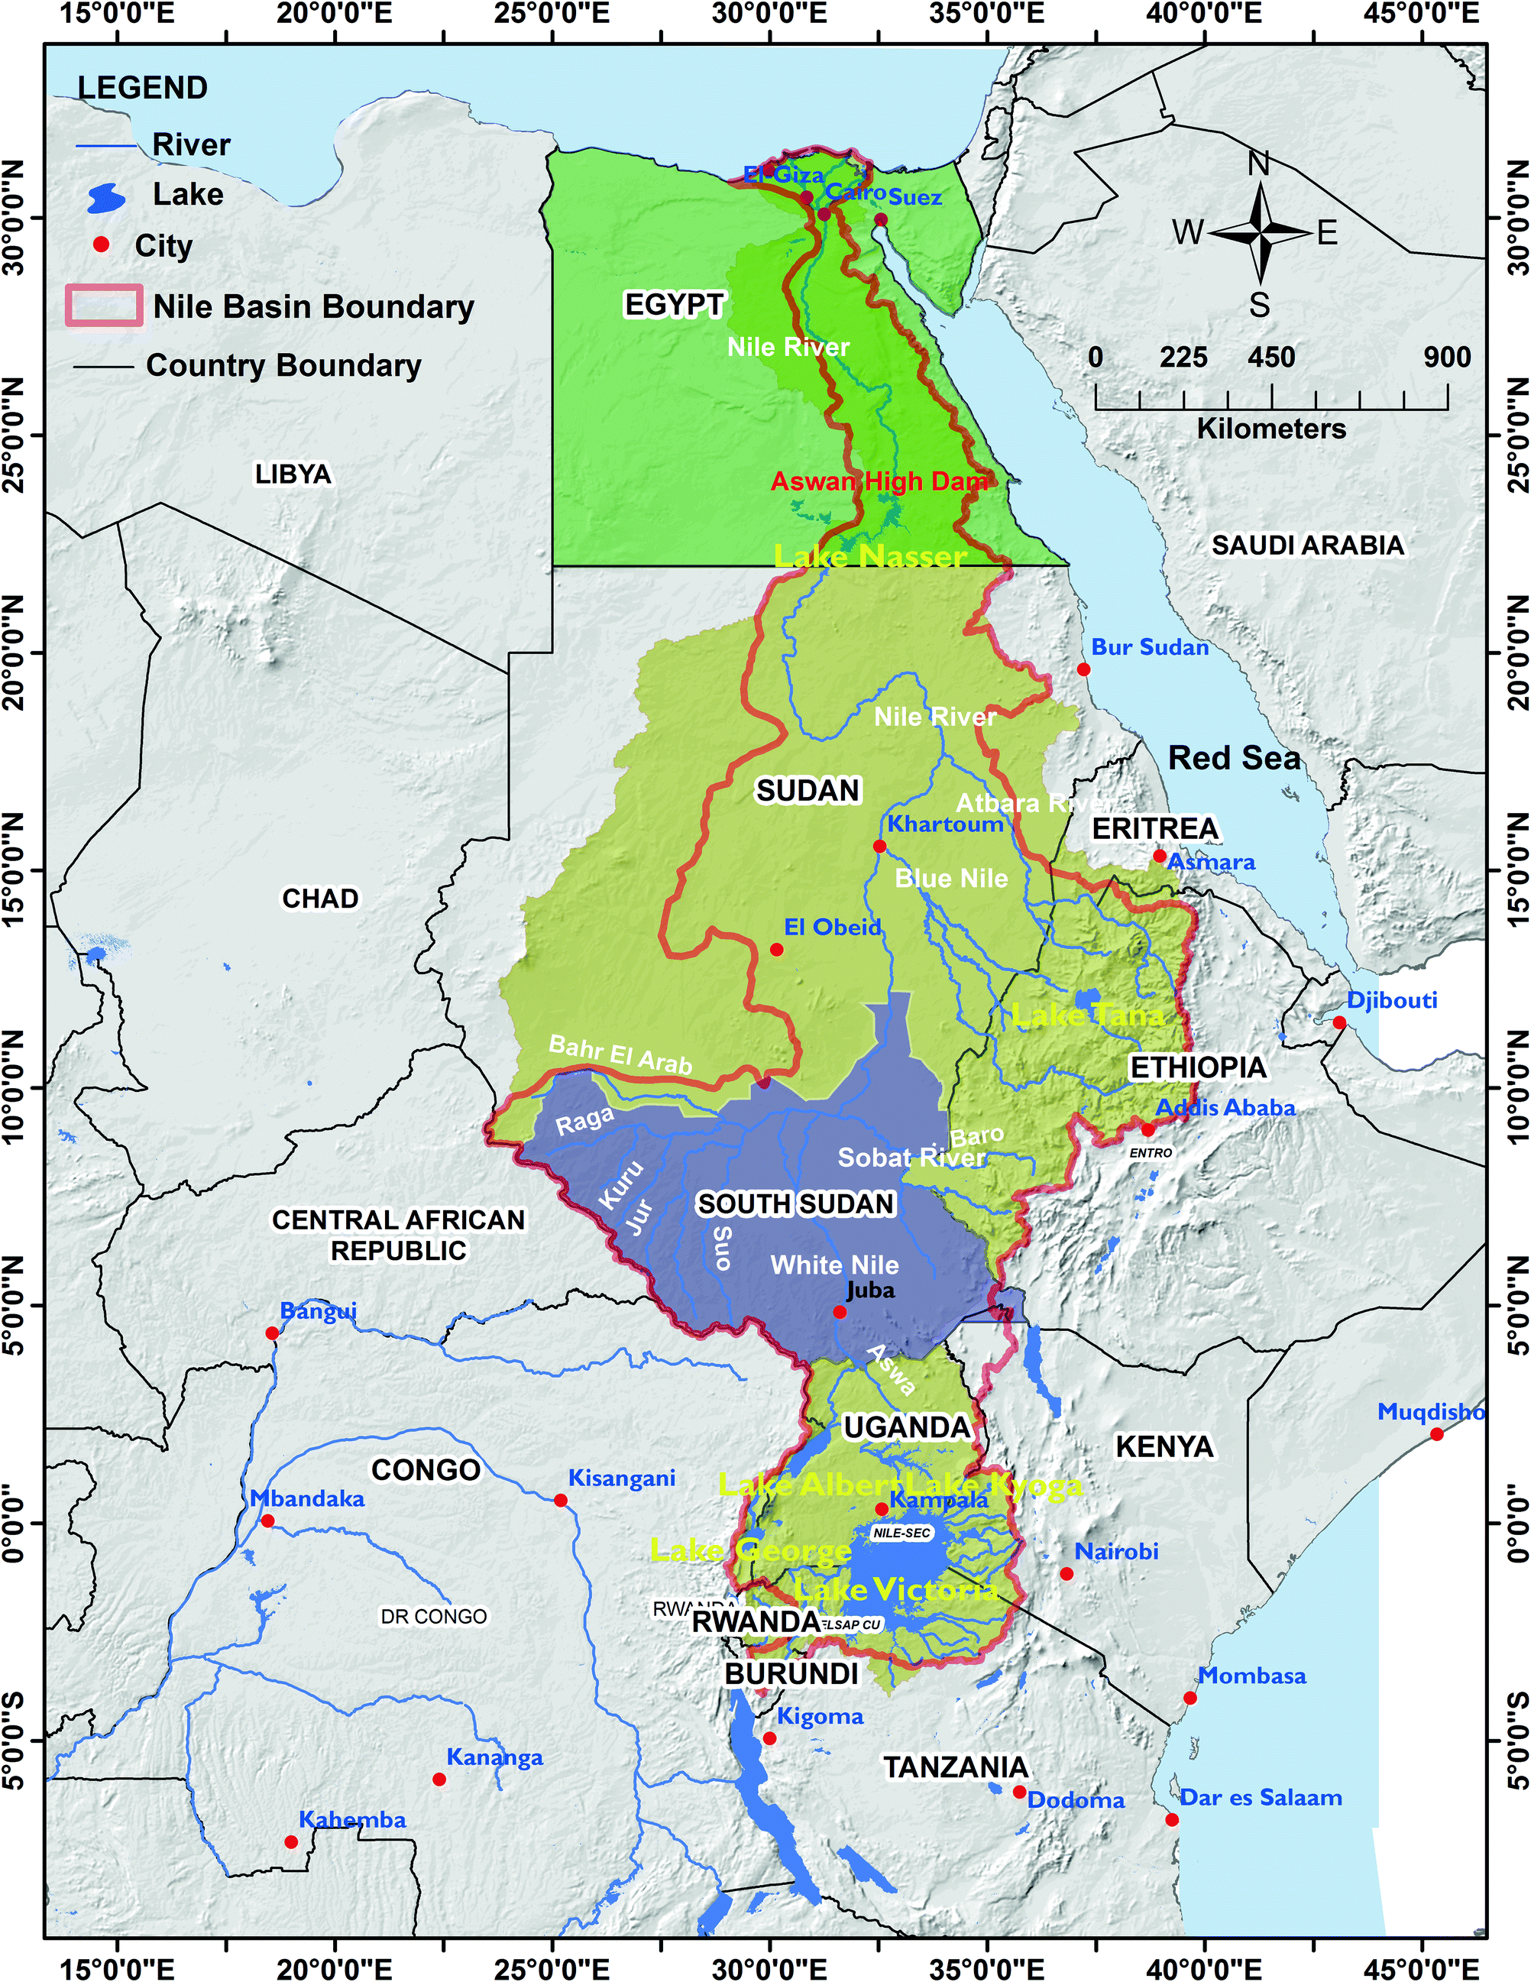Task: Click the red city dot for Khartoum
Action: pos(879,846)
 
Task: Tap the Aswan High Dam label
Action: pos(879,481)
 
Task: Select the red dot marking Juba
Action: pos(840,1311)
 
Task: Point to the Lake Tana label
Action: pos(1087,1015)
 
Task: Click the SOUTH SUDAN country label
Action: pos(795,1203)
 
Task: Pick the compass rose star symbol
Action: pos(1260,232)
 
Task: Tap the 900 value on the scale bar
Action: pos(1447,357)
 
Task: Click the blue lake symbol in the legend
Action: pos(107,198)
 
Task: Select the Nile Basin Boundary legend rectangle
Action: pos(103,306)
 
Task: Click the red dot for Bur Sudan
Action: pos(1083,669)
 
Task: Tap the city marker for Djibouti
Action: pos(1338,1023)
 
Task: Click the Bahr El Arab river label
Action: pos(621,1054)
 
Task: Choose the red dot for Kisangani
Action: pos(561,1500)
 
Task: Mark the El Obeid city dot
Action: pos(776,949)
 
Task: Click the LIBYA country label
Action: pos(293,474)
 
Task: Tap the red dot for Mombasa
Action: pos(1190,1698)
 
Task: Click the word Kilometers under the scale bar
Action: pos(1270,429)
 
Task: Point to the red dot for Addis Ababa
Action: pos(1148,1130)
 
